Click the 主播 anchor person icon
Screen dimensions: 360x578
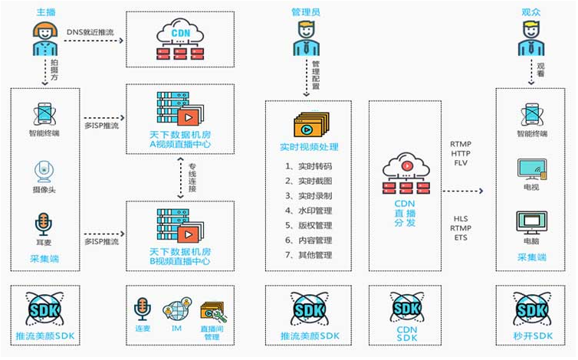46,38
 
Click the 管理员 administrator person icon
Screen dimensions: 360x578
309,38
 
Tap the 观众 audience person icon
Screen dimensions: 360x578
531,38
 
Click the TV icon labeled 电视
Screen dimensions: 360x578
532,171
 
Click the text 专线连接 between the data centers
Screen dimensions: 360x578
194,178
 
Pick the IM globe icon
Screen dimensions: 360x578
175,311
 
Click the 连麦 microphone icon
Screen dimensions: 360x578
142,310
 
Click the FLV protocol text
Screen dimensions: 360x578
460,162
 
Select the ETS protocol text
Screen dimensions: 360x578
460,238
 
